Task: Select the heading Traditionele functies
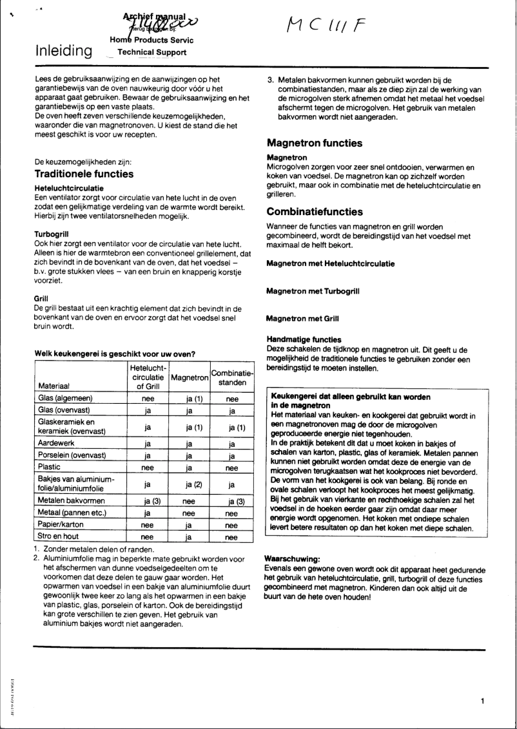pyautogui.click(x=84, y=174)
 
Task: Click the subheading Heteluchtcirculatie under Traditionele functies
pyautogui.click(x=65, y=187)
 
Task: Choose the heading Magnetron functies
pyautogui.click(x=314, y=144)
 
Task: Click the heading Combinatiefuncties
pyautogui.click(x=315, y=212)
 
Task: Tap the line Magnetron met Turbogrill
pyautogui.click(x=313, y=291)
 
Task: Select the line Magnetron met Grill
pyautogui.click(x=302, y=319)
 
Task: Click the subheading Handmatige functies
pyautogui.click(x=304, y=339)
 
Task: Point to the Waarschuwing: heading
pyautogui.click(x=293, y=560)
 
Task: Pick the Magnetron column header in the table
pyautogui.click(x=190, y=377)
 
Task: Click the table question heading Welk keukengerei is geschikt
pyautogui.click(x=114, y=353)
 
